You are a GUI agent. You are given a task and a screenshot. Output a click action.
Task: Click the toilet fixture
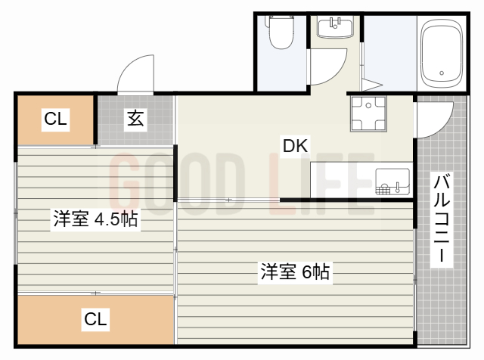(x=281, y=33)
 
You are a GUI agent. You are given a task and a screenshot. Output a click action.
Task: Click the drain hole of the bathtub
(x=442, y=73)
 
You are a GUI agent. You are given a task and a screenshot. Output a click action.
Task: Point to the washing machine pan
(x=368, y=113)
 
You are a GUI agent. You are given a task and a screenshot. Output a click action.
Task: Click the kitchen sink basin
(x=392, y=182)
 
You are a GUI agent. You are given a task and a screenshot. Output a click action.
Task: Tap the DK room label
(x=296, y=146)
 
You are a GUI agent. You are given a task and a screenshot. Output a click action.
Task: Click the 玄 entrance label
(x=135, y=119)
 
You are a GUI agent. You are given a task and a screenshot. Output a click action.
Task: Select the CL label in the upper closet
(x=55, y=119)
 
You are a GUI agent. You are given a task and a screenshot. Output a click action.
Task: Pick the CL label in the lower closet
(x=95, y=319)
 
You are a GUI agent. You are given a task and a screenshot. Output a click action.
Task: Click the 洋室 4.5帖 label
(x=95, y=219)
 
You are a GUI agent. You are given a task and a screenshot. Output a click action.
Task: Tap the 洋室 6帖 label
(x=295, y=272)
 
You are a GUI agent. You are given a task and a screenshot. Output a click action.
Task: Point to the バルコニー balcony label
(x=442, y=219)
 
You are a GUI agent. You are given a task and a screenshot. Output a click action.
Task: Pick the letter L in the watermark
(x=281, y=184)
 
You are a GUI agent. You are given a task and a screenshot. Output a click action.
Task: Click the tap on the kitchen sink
(x=398, y=188)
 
